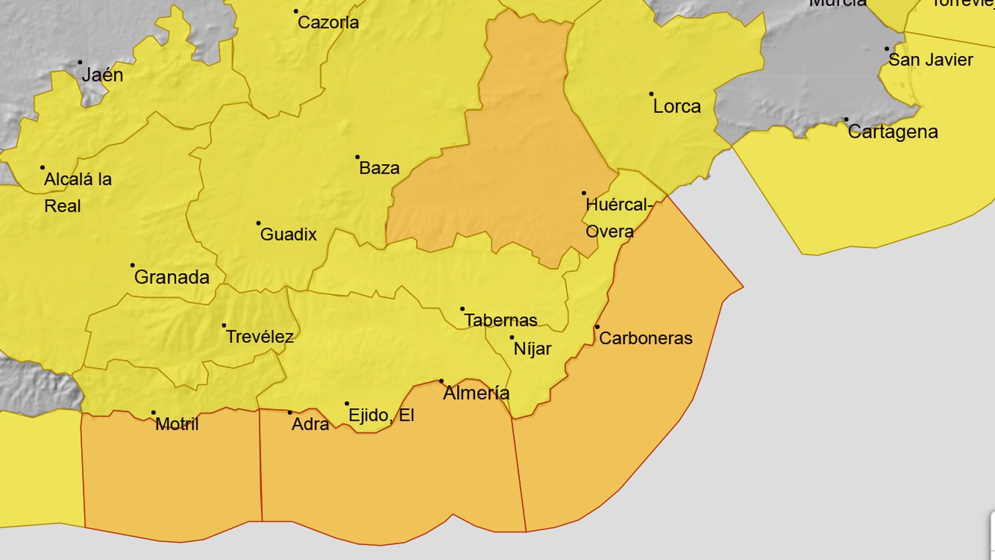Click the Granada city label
[172, 278]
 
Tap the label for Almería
[476, 393]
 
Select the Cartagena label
[892, 132]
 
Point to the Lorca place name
[677, 106]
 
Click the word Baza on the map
[379, 168]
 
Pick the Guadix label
[289, 235]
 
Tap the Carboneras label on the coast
[646, 338]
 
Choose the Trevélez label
[259, 337]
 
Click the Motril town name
[177, 424]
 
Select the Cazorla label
[328, 23]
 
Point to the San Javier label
[930, 60]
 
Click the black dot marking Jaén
[80, 63]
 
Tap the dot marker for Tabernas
[462, 309]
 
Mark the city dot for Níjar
[512, 338]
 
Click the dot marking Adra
[290, 413]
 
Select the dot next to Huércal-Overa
[584, 194]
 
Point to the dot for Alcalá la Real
[42, 168]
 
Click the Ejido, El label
[381, 416]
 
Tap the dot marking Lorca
[651, 94]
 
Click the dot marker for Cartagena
[846, 119]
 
